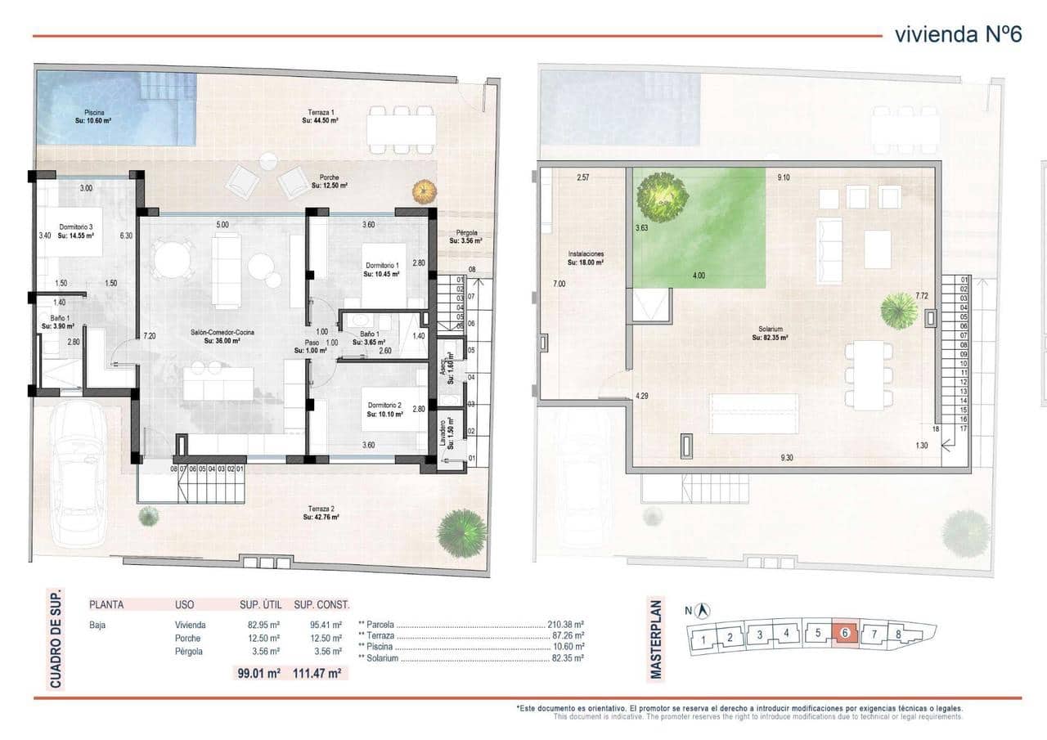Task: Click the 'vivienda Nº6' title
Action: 958,35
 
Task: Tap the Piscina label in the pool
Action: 94,116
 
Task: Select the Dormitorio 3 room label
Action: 70,231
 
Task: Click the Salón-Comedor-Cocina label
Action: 222,337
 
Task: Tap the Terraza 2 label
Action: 321,512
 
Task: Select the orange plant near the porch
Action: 424,192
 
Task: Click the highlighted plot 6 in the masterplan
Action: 844,633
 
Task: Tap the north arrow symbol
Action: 703,611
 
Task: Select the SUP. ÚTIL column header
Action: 260,605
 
